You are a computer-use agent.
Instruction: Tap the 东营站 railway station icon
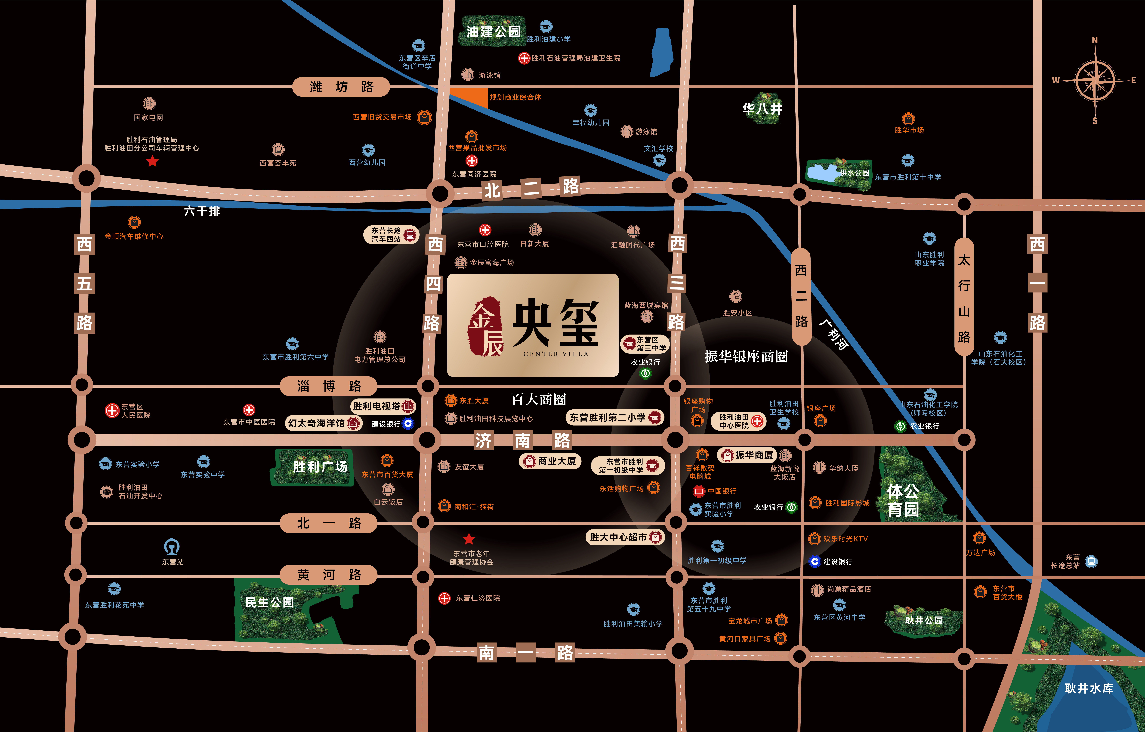pyautogui.click(x=172, y=546)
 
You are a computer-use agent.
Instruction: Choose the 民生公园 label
pyautogui.click(x=270, y=603)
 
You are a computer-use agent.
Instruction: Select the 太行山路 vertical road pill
pyautogui.click(x=964, y=297)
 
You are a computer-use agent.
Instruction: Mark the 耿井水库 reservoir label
pyautogui.click(x=1089, y=688)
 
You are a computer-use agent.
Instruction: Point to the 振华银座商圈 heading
pyautogui.click(x=746, y=356)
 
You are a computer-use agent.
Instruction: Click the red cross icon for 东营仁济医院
pyautogui.click(x=444, y=598)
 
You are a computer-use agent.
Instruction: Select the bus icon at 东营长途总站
pyautogui.click(x=1091, y=562)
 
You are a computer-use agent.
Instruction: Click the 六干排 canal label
pyautogui.click(x=202, y=211)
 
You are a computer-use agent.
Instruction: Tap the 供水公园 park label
pyautogui.click(x=855, y=173)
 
